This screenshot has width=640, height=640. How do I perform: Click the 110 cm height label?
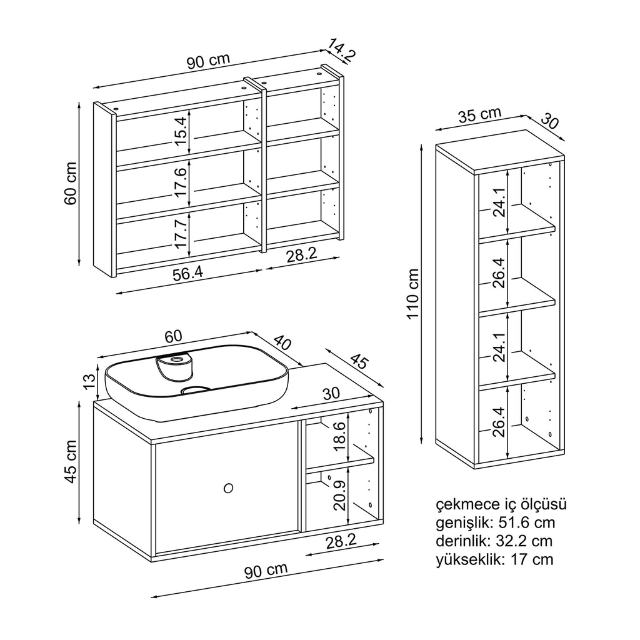tap(412, 294)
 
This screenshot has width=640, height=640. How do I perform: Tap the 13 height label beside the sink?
tap(89, 379)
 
